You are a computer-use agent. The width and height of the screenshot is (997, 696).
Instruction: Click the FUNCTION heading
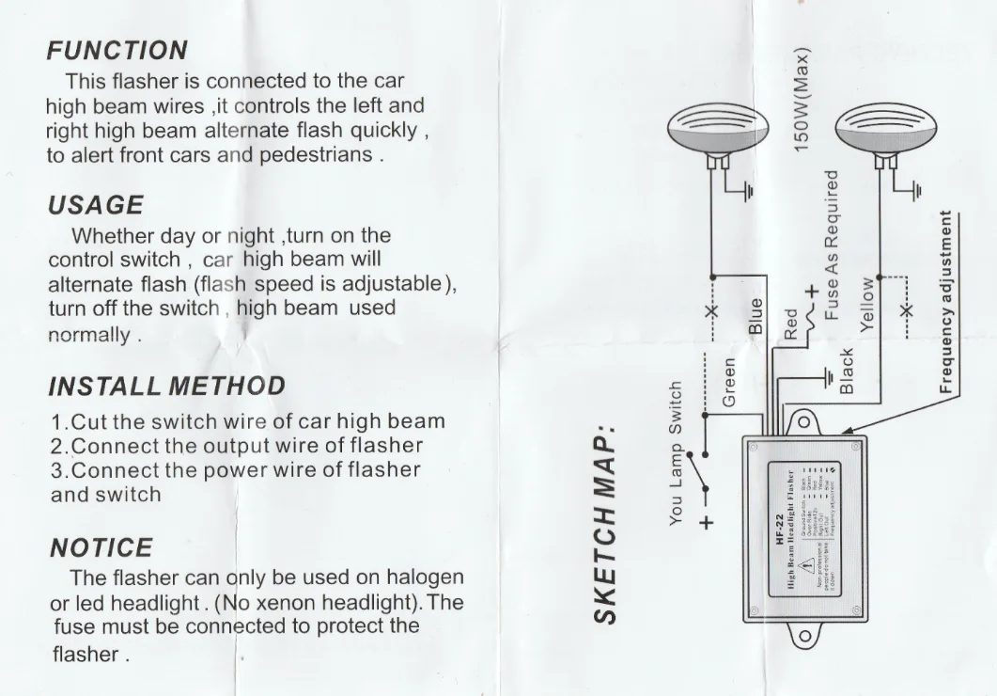click(117, 50)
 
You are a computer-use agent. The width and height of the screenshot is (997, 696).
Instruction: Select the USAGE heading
click(96, 205)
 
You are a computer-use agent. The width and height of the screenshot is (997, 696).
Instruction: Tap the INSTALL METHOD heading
click(165, 386)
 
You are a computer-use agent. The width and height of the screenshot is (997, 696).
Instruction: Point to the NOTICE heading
click(101, 547)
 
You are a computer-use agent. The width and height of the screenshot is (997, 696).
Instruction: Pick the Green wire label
click(729, 381)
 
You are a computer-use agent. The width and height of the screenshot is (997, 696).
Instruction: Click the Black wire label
click(847, 371)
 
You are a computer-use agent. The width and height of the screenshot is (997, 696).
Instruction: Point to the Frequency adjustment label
click(945, 301)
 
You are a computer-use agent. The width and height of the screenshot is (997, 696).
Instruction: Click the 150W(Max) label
click(802, 100)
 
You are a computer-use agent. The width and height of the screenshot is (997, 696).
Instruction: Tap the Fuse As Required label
click(831, 245)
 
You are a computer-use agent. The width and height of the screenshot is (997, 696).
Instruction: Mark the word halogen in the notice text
click(426, 577)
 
